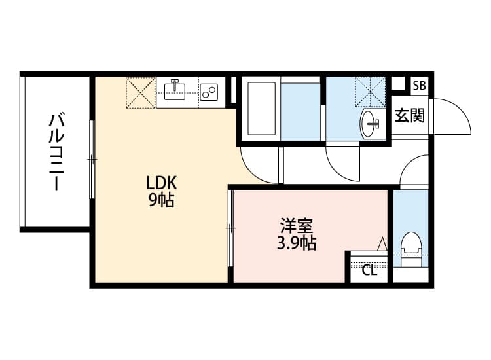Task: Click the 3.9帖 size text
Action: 296,244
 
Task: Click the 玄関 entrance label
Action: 410,116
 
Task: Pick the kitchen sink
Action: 175,88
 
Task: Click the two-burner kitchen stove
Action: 209,93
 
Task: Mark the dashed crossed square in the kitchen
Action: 140,92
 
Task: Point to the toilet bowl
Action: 411,246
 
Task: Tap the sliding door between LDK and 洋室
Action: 230,227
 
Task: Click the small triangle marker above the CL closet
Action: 382,243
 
